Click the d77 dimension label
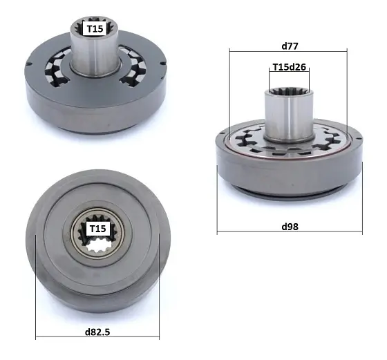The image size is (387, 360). pos(289,46)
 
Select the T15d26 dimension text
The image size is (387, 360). pos(289,68)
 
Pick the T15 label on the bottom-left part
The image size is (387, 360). pos(97,229)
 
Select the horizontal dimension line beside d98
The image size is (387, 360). pos(249,231)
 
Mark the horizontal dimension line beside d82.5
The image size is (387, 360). pos(62,338)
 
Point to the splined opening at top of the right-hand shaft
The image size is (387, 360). pos(288,91)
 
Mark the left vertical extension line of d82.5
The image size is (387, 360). pos(35,290)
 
